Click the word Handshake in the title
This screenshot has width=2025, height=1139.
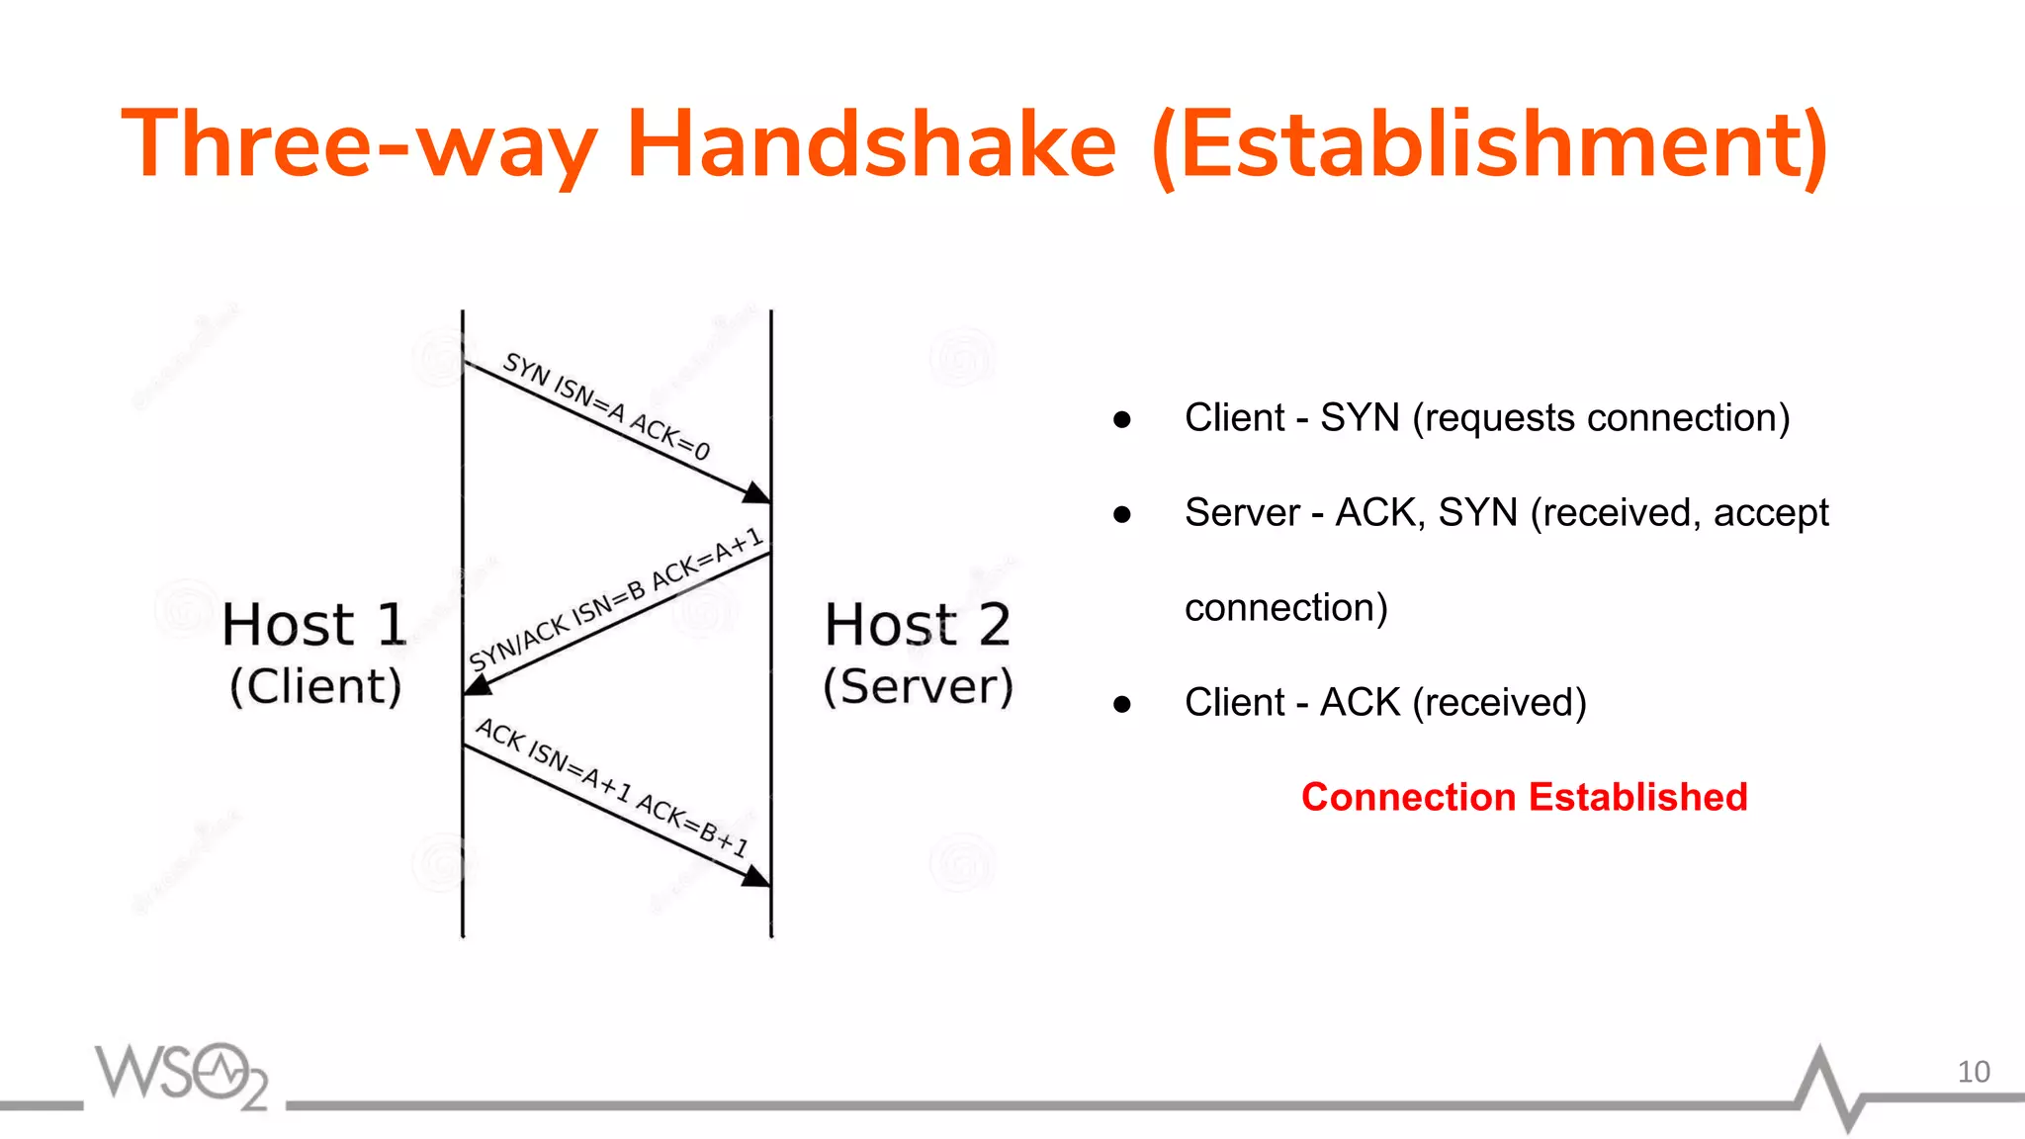(x=871, y=145)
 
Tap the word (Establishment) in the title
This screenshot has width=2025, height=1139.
(x=1490, y=145)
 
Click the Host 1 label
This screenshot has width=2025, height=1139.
(x=314, y=625)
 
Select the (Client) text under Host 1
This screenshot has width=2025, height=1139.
(x=315, y=686)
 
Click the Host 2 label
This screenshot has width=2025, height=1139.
(x=918, y=625)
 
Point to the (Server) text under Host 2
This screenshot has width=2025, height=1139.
(x=919, y=686)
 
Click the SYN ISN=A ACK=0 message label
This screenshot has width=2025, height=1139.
(x=606, y=406)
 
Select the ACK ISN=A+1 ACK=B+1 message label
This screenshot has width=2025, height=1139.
(x=612, y=787)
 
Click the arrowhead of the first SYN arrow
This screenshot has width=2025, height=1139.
(x=757, y=492)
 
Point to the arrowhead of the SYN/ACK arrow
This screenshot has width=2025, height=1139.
(x=478, y=683)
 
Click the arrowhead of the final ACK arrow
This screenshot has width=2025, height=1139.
(x=757, y=876)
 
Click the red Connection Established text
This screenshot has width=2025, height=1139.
(x=1524, y=797)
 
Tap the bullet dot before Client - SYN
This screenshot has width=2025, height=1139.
(x=1121, y=419)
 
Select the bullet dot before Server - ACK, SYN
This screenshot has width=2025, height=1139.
(x=1121, y=514)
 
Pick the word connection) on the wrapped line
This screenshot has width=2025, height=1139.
(x=1285, y=607)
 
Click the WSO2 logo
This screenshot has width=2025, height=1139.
(x=182, y=1075)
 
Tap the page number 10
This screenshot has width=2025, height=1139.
(x=1973, y=1072)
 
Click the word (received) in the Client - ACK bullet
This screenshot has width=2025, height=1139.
(x=1499, y=702)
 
